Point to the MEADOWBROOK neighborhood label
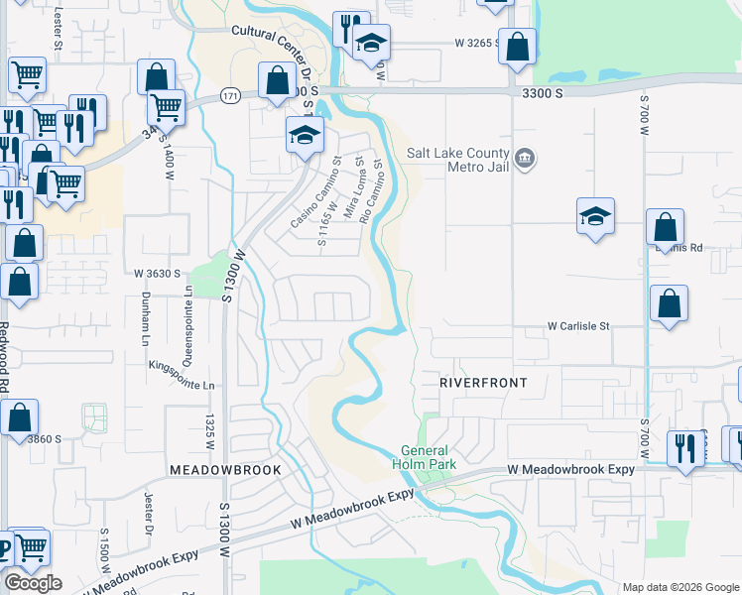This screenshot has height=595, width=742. point(225,469)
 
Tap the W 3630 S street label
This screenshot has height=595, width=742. point(157,273)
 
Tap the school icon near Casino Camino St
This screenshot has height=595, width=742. point(305,135)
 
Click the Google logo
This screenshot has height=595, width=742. point(32,583)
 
